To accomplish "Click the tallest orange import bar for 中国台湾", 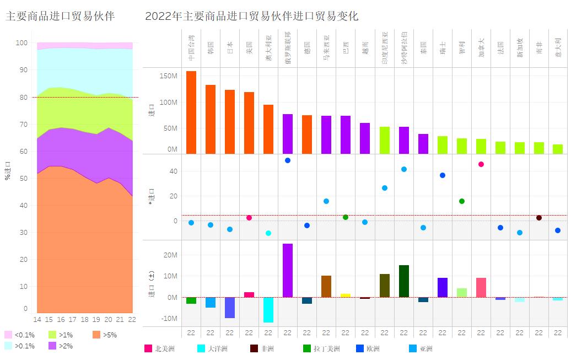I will [191, 112].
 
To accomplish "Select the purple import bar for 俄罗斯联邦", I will [288, 134].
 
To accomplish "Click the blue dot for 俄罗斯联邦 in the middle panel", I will [288, 160].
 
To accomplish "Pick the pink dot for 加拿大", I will [481, 164].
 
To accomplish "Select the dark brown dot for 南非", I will [539, 218].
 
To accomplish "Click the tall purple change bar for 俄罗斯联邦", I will [288, 270].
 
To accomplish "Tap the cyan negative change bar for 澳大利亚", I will [268, 310].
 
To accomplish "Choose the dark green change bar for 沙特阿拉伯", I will [404, 281].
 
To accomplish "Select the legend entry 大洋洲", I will [215, 348].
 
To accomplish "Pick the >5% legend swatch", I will [96, 335].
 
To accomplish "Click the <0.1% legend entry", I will [19, 335].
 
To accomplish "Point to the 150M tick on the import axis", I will [169, 76].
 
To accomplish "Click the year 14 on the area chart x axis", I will [37, 320].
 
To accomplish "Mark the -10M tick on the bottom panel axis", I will [169, 318].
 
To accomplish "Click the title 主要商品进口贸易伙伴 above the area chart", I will [60, 16].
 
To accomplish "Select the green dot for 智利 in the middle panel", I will [462, 201].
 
